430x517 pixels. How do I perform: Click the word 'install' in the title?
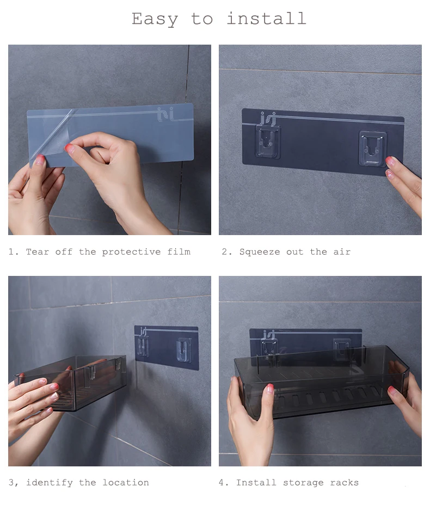(267, 19)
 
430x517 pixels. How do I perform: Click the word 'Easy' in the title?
(155, 20)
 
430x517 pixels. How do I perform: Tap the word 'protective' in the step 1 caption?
(131, 252)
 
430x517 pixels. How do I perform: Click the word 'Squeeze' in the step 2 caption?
(260, 252)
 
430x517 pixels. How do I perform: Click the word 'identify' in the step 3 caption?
(50, 483)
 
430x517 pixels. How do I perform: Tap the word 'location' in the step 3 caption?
(126, 483)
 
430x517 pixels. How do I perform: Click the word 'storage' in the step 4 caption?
(303, 483)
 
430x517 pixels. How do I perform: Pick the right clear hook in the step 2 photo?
(373, 149)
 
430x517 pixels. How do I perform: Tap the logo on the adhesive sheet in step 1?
(165, 114)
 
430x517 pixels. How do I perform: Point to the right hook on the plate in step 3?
(183, 349)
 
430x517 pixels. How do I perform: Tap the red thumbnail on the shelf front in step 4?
(269, 387)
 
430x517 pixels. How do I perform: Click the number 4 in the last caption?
(222, 483)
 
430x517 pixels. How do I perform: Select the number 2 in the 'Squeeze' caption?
(225, 252)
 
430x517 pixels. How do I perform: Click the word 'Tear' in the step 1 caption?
(37, 252)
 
